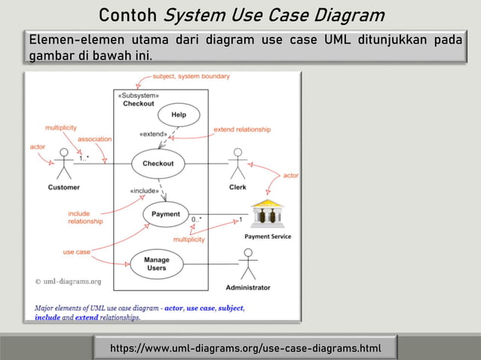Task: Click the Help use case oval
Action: pyautogui.click(x=179, y=114)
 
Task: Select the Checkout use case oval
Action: pyautogui.click(x=158, y=163)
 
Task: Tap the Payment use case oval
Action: pyautogui.click(x=166, y=214)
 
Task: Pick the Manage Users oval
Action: pyautogui.click(x=156, y=263)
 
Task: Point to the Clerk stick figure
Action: pyautogui.click(x=237, y=163)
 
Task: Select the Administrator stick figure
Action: pyautogui.click(x=247, y=264)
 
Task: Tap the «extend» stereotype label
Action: pyautogui.click(x=153, y=135)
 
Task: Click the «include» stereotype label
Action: pyautogui.click(x=145, y=191)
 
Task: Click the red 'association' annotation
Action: pyautogui.click(x=95, y=139)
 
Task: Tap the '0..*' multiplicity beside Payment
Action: pyautogui.click(x=197, y=220)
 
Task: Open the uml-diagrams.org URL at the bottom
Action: pyautogui.click(x=245, y=348)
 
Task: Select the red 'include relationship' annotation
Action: pyautogui.click(x=79, y=218)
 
